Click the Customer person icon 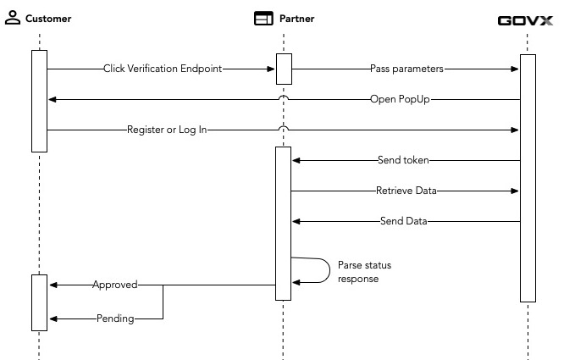click(13, 18)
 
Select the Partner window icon click(264, 18)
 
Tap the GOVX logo click(527, 19)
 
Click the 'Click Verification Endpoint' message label click(163, 69)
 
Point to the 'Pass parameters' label click(406, 69)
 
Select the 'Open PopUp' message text click(402, 99)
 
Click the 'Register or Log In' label click(167, 130)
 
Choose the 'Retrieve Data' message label click(406, 191)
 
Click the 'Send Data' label click(404, 222)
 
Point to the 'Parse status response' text click(364, 271)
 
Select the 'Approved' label click(114, 285)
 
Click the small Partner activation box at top click(284, 69)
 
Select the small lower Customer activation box click(39, 302)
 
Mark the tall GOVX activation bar click(528, 178)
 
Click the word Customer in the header click(49, 19)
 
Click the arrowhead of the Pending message click(53, 319)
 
